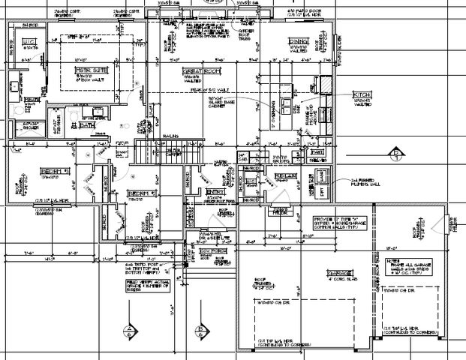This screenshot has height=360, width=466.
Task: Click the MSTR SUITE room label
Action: click(x=89, y=70)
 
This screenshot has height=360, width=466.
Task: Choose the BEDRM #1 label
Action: click(x=56, y=170)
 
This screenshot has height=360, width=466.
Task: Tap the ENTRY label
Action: click(x=217, y=192)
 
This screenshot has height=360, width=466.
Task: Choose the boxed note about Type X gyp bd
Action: click(x=338, y=223)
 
